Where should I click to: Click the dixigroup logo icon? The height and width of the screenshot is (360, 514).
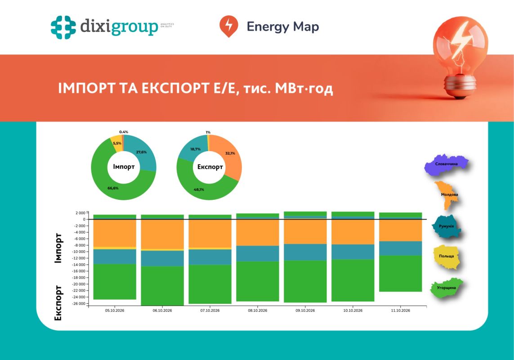tap(63, 27)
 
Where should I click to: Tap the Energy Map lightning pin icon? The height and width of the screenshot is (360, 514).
tap(228, 26)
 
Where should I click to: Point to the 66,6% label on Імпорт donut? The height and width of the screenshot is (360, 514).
tap(113, 188)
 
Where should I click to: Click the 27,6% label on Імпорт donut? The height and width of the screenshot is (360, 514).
tap(141, 152)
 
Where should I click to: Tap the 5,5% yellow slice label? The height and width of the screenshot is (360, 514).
tap(117, 144)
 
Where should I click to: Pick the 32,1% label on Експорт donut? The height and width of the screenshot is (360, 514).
tap(230, 153)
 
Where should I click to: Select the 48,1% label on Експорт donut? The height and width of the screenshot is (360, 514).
tap(199, 189)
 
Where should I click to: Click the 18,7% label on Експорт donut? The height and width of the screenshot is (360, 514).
tap(195, 149)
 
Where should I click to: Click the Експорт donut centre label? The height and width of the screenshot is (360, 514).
tap(210, 166)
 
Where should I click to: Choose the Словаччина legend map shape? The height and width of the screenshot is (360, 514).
tap(446, 164)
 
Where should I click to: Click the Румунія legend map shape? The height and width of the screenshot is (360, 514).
tap(446, 226)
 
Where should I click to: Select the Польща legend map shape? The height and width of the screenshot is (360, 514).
tap(446, 256)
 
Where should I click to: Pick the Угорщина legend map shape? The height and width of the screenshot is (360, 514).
tap(446, 288)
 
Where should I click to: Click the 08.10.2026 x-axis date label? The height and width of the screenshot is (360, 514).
tap(258, 310)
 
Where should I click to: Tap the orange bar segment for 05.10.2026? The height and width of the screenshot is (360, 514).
tap(115, 233)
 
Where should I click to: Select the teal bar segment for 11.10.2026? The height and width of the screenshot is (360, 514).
tap(401, 248)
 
